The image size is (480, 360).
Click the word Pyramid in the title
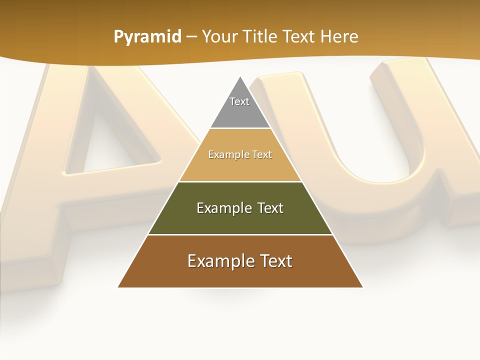(147, 36)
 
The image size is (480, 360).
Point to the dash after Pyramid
(191, 37)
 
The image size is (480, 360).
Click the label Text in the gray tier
(239, 101)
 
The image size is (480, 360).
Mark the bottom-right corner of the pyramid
(362, 286)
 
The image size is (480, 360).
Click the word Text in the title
(299, 36)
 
